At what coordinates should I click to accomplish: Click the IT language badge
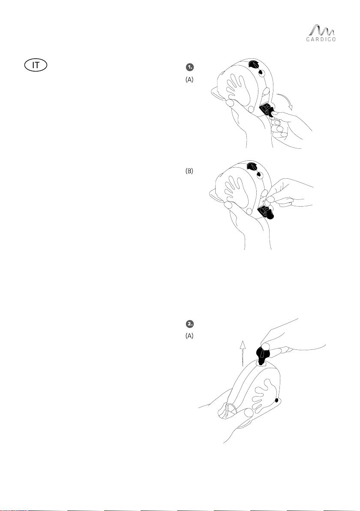point(36,65)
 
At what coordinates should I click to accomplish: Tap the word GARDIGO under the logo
point(321,39)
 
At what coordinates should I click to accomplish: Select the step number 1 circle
point(189,67)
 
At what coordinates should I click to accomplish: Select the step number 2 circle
point(189,324)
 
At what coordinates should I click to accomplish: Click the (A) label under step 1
point(189,79)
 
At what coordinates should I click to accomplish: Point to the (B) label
point(189,171)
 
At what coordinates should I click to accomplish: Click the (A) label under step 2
point(189,336)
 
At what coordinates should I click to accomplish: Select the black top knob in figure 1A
point(253,65)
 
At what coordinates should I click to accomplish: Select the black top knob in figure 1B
point(252,166)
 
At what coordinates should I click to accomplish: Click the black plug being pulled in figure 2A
point(263,355)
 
